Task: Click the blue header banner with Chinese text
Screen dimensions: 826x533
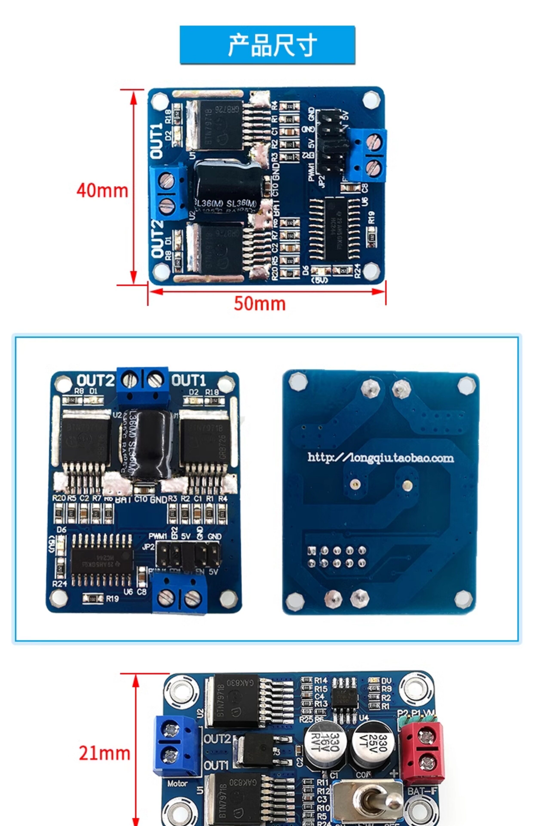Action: [x=267, y=45]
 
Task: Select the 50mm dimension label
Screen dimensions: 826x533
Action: [x=260, y=303]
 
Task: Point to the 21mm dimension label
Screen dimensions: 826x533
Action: [x=104, y=753]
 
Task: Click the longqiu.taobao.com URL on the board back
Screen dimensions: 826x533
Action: [x=381, y=458]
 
